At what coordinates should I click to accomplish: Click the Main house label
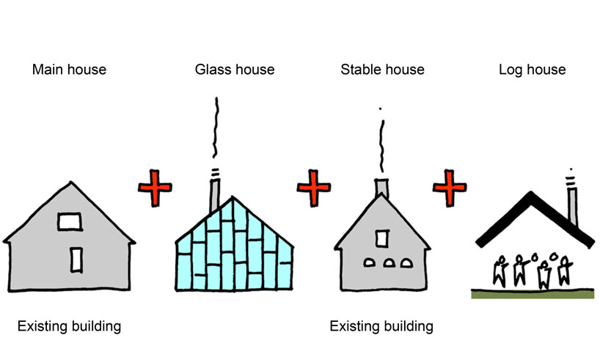click(x=69, y=70)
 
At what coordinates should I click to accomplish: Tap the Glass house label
click(x=234, y=70)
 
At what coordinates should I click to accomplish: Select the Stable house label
click(x=382, y=70)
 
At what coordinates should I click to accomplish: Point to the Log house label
click(x=532, y=70)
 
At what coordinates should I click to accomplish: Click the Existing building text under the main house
click(x=69, y=325)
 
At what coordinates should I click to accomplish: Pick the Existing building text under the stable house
click(x=381, y=325)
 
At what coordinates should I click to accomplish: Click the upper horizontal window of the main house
click(x=70, y=220)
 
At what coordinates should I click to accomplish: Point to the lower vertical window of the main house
click(x=76, y=259)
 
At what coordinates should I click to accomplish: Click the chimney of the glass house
click(x=214, y=192)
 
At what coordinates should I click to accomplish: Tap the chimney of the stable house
click(x=382, y=188)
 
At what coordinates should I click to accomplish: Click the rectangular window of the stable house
click(x=381, y=238)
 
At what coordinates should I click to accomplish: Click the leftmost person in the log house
click(x=502, y=270)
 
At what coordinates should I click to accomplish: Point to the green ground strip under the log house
click(x=531, y=294)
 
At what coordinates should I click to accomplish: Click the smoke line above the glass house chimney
click(x=216, y=132)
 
